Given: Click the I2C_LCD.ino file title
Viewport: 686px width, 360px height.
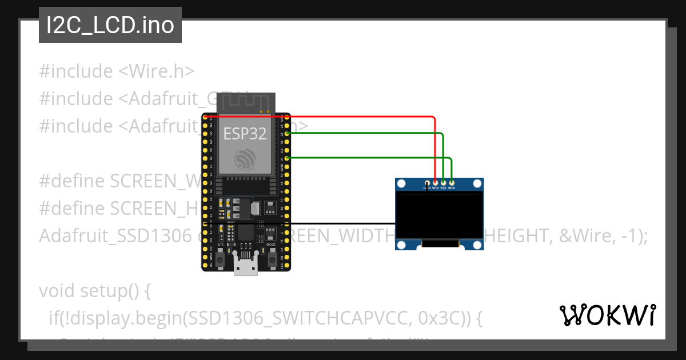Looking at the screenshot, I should pyautogui.click(x=110, y=26).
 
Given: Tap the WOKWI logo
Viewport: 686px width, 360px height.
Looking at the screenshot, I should pyautogui.click(x=607, y=315).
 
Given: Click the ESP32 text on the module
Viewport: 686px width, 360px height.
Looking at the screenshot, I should pyautogui.click(x=245, y=134).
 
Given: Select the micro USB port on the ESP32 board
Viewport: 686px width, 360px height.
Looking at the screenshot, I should pyautogui.click(x=246, y=269).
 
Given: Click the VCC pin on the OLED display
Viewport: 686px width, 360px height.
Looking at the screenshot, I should pyautogui.click(x=436, y=183).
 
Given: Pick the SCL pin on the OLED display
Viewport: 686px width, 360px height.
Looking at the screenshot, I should pyautogui.click(x=444, y=183).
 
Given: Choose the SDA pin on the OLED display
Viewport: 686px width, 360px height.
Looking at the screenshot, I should pyautogui.click(x=452, y=183).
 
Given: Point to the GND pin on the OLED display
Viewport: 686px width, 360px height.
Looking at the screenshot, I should pyautogui.click(x=427, y=183).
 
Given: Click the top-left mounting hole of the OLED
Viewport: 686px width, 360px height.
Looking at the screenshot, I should pyautogui.click(x=401, y=184).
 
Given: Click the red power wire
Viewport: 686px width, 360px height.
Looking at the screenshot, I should pyautogui.click(x=354, y=117).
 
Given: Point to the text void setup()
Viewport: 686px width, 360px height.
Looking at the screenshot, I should pyautogui.click(x=94, y=291).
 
